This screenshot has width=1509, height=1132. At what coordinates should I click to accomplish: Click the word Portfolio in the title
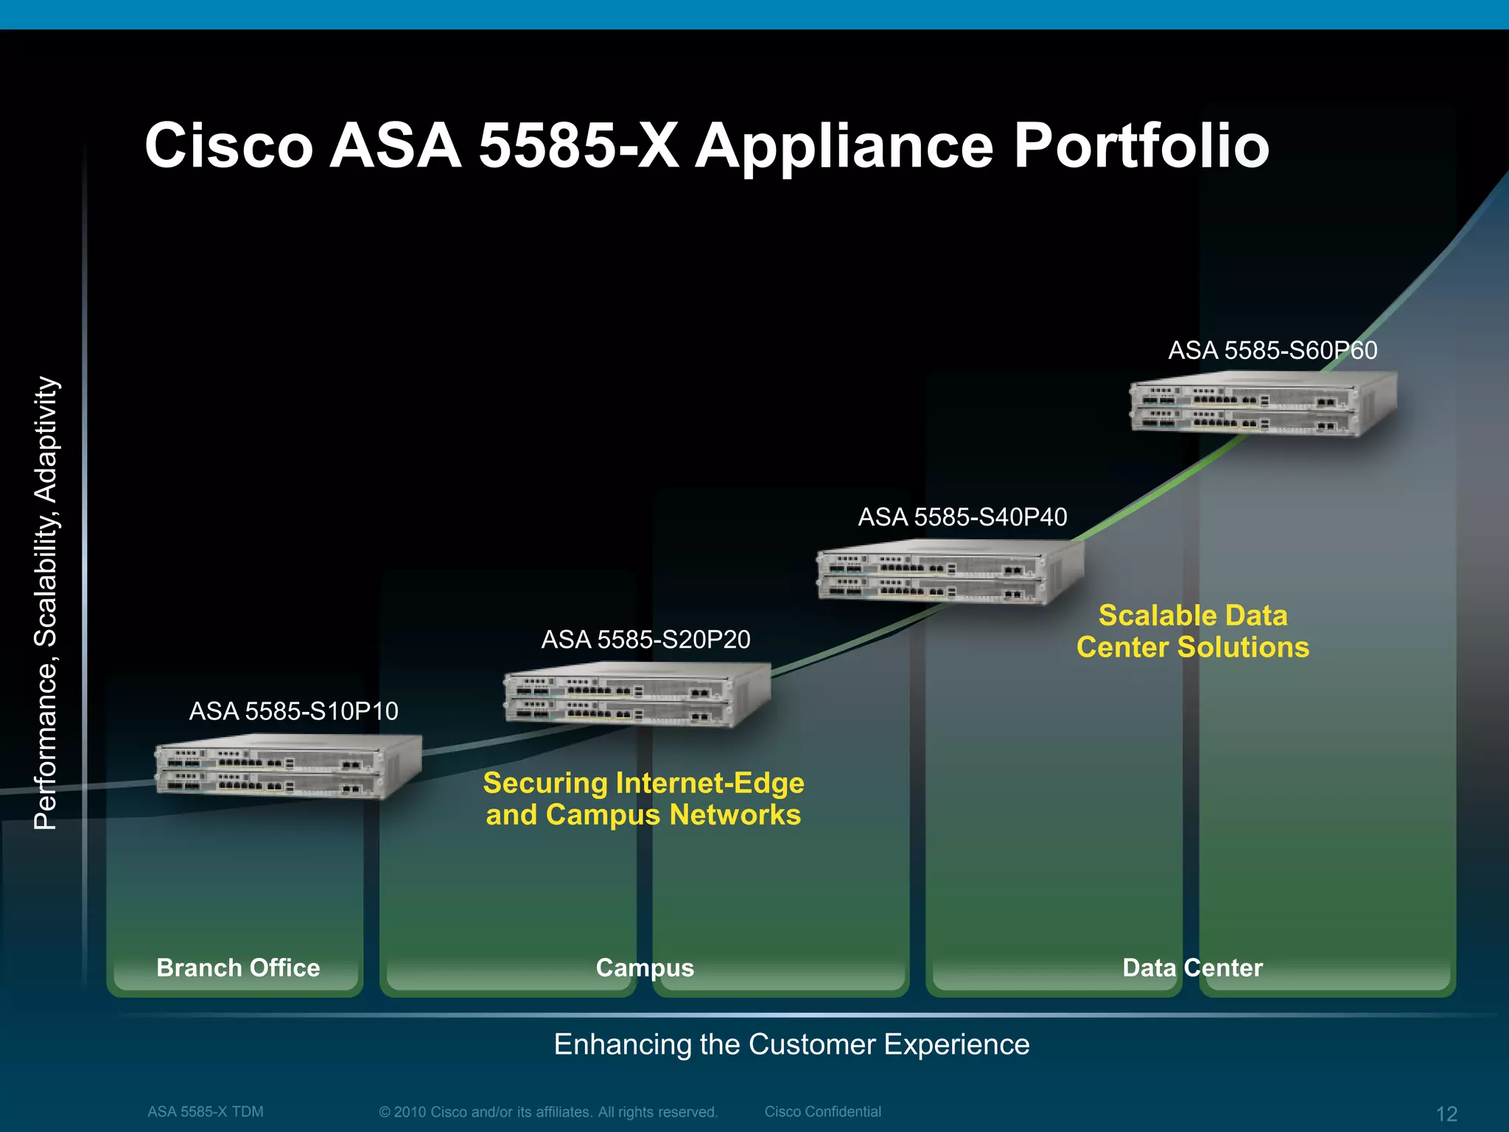[1141, 145]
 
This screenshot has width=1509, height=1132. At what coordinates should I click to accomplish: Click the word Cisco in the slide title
[229, 145]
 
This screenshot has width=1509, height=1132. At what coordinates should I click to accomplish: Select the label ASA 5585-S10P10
[293, 711]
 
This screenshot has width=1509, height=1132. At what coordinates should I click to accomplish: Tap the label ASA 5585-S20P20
[645, 639]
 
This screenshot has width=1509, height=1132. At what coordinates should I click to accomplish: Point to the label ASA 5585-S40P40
[962, 517]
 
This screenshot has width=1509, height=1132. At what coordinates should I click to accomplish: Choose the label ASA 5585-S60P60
[1272, 350]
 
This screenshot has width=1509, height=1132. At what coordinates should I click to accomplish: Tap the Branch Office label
[238, 968]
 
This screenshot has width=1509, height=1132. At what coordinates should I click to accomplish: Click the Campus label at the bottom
[645, 968]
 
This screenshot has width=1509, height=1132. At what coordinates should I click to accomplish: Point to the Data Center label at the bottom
[1192, 968]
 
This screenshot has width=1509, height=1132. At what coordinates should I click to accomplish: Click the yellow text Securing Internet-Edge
[643, 783]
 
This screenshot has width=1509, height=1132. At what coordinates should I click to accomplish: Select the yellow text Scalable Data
[1193, 615]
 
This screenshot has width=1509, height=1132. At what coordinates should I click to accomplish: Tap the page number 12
[1446, 1114]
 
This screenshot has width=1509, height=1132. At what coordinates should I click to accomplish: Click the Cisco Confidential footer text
[822, 1111]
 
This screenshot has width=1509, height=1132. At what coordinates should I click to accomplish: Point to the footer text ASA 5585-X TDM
[205, 1111]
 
